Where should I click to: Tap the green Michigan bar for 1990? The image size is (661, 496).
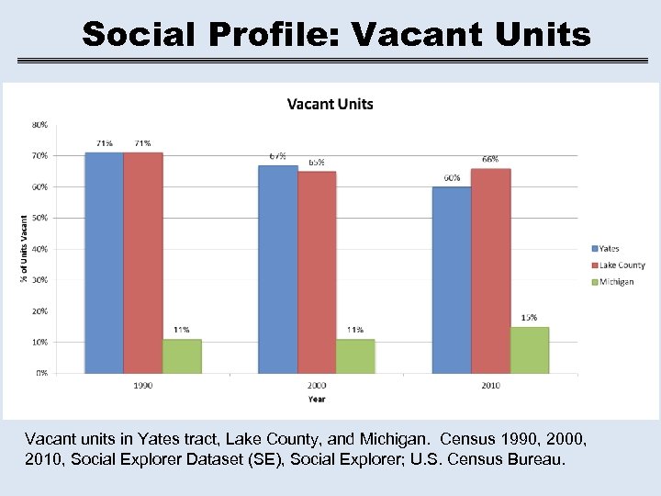coord(182,356)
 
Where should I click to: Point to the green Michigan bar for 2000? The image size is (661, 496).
coord(355,356)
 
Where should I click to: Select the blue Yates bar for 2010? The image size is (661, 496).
coord(452,280)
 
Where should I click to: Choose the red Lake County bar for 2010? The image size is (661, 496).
coord(490,271)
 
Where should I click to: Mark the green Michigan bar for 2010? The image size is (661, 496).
coord(530,350)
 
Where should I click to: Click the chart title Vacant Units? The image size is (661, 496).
coord(330,104)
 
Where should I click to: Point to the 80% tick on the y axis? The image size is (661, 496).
coord(41,125)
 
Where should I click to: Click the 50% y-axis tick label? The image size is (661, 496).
coord(41,218)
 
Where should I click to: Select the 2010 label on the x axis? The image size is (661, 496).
coord(490,386)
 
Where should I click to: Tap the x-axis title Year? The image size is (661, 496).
coord(316,400)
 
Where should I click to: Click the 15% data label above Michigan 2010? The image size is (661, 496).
coord(530,318)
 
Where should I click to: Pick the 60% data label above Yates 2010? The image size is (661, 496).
coord(452,178)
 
